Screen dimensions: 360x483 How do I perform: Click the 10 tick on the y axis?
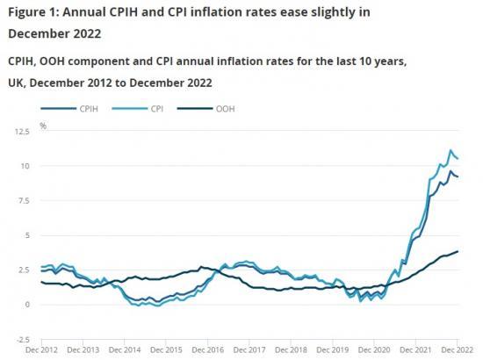coord(25,166)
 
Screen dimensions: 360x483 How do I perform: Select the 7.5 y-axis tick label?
coord(24,201)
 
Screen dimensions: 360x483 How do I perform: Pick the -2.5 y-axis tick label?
coord(22,340)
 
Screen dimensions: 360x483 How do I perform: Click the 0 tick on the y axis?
coord(28,305)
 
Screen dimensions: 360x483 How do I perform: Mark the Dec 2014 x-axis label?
coord(133,350)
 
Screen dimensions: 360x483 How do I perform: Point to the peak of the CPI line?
coord(451,151)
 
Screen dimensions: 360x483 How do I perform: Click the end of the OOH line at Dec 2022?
coord(458,252)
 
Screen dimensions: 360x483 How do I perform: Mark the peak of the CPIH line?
coord(451,172)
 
